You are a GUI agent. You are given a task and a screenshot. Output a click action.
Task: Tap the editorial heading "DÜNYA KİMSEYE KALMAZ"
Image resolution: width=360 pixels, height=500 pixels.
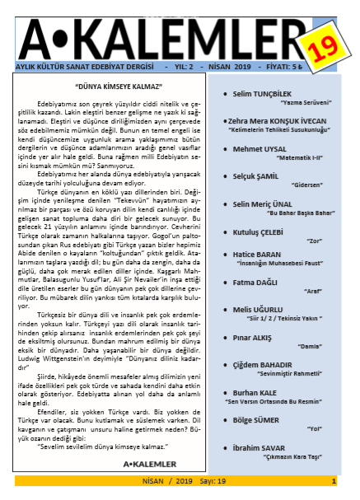coord(119,86)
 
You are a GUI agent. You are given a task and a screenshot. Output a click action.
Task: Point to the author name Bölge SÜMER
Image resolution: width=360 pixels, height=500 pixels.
coord(257,419)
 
